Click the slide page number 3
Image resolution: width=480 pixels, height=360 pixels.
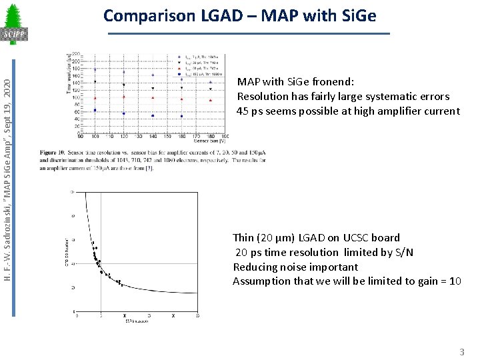point(461,351)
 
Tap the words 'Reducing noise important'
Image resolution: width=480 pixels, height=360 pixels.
point(295,267)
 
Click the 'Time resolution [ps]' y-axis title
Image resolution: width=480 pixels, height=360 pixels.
point(69,73)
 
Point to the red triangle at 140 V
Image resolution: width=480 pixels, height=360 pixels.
point(153,97)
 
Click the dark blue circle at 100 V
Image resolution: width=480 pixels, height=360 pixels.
point(95,110)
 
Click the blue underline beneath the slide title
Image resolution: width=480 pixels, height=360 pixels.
point(248,34)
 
